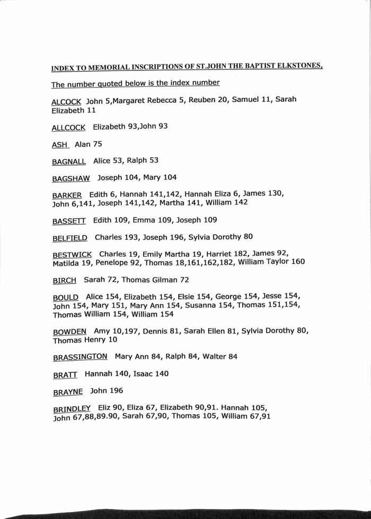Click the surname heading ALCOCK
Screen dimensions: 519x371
coord(66,101)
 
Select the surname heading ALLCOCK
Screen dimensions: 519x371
coord(68,128)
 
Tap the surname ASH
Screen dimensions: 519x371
coord(60,145)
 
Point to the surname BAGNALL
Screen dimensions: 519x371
coord(68,161)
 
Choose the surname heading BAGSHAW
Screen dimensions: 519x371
coord(71,178)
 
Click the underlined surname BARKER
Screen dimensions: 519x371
coord(67,195)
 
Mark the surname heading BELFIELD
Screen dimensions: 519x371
coord(70,238)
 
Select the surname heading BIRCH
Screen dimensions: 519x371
coord(64,280)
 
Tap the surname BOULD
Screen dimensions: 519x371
coord(66,297)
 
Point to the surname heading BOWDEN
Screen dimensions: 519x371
coord(69,332)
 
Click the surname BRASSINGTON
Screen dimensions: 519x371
coord(80,357)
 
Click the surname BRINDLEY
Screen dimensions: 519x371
coord(72,409)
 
